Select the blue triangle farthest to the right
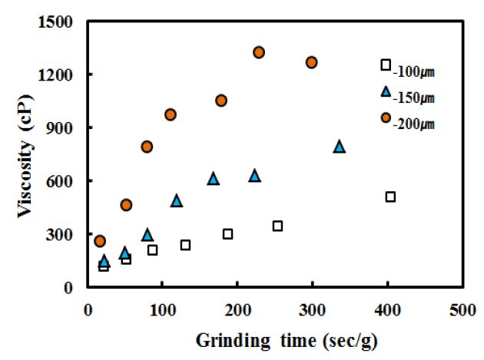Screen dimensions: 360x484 coord(339,146)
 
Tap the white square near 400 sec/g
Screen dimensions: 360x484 coord(390,197)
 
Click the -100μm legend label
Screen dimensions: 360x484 coord(413,73)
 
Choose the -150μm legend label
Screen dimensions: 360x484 coord(413,97)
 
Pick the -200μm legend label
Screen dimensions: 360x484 coord(413,124)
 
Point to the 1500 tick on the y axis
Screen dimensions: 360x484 coord(57,21)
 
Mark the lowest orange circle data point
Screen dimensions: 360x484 coord(100,241)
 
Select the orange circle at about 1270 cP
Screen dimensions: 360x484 coord(311,62)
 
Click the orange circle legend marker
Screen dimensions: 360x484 coord(386,117)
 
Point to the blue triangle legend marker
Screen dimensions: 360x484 coord(386,91)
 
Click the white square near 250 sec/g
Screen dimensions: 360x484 coord(277,226)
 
